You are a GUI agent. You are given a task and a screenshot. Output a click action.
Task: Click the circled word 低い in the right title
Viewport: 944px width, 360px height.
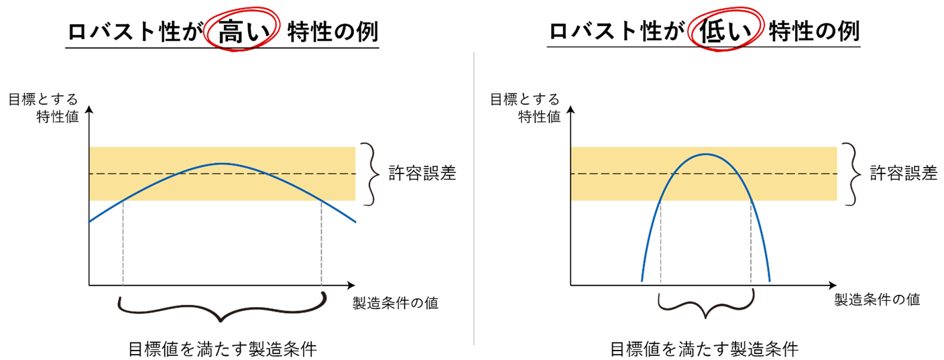[x=725, y=32]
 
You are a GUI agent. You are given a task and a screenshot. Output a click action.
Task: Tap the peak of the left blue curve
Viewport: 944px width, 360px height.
[x=221, y=163]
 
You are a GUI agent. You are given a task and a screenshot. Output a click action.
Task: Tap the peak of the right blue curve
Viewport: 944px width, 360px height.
[x=706, y=154]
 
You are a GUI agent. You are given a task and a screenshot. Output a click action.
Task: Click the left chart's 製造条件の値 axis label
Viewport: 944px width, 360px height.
[x=396, y=302]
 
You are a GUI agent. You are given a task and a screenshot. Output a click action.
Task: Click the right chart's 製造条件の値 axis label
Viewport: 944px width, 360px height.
[x=877, y=299]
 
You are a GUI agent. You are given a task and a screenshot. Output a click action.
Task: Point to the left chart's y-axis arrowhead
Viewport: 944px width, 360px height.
[x=89, y=109]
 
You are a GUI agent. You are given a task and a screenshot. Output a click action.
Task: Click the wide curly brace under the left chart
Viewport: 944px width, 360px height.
[x=221, y=308]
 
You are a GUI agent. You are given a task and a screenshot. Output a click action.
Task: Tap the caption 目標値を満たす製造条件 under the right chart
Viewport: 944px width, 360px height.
[x=705, y=349]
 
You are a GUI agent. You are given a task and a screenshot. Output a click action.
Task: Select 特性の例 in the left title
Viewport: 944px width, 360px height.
[x=333, y=32]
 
